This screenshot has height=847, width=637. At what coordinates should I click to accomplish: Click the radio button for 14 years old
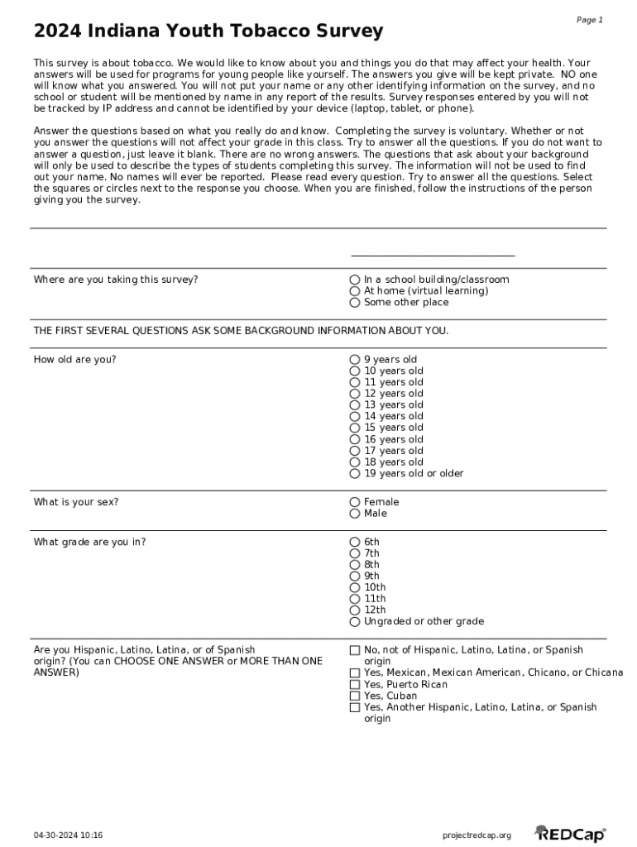click(355, 417)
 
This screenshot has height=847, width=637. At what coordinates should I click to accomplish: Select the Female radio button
click(355, 502)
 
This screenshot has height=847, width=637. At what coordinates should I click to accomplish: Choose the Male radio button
click(355, 514)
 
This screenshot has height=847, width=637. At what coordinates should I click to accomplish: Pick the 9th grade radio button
click(355, 577)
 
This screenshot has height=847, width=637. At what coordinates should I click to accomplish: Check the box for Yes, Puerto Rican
click(355, 685)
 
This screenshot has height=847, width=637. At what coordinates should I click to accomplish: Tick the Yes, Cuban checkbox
click(355, 696)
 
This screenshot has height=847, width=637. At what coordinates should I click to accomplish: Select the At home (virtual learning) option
click(355, 291)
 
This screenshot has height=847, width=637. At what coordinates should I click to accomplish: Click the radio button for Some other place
click(355, 303)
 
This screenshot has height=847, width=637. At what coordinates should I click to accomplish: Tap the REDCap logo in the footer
click(570, 835)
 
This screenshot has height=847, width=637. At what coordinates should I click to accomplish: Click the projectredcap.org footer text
click(477, 835)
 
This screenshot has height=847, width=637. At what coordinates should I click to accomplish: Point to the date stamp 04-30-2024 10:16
click(69, 835)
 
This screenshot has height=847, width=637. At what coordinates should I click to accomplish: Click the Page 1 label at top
click(589, 20)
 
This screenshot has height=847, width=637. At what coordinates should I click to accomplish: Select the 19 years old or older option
click(355, 474)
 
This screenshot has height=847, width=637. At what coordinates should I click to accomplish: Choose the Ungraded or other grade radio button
click(355, 622)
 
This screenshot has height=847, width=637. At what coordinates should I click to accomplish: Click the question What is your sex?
click(76, 502)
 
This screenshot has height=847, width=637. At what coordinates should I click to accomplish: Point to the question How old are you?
click(74, 360)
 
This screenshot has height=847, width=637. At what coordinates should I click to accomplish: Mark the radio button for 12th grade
click(355, 610)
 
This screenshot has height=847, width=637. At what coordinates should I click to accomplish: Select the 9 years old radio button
click(355, 360)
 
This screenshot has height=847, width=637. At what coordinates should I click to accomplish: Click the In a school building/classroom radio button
click(355, 280)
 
